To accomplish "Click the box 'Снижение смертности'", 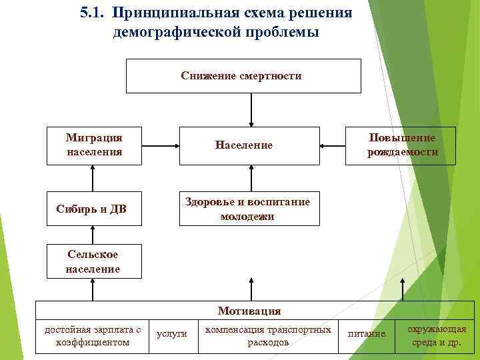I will tap(243, 76).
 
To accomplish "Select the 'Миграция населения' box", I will tap(94, 145).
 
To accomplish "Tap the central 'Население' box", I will tap(243, 145).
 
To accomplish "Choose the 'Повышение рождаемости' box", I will tap(401, 145).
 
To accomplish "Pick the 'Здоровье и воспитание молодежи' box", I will tap(247, 209).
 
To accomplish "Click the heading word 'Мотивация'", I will tap(249, 311).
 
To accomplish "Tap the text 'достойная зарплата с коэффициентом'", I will tap(93, 336).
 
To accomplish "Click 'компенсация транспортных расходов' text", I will tap(268, 336).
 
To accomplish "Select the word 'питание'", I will tap(367, 333).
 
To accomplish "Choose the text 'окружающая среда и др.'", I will tap(437, 336).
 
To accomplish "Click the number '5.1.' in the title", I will tap(92, 13).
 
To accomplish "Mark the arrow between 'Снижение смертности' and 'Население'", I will tap(251, 109).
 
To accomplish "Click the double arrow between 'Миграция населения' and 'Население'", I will tap(161, 145).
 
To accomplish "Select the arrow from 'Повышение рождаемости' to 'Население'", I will tap(333, 145).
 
